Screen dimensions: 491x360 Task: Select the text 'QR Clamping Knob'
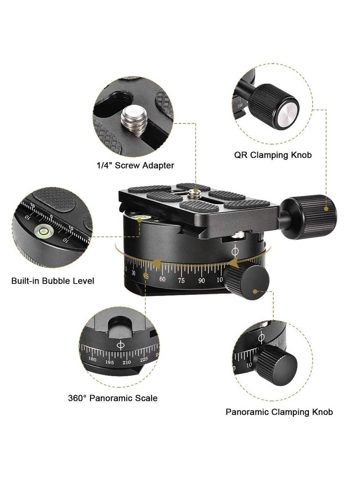point(273,155)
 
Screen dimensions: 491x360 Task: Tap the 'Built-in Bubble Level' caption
point(53,281)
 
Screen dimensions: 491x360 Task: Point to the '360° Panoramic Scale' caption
point(112,398)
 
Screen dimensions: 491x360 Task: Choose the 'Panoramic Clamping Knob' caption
point(279,411)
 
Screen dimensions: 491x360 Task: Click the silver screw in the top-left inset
point(134,119)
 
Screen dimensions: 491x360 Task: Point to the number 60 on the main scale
point(162,279)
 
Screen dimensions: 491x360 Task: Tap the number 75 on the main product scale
point(182,280)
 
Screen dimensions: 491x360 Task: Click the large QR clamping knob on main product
point(312,209)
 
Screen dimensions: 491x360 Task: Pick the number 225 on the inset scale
point(144,359)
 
